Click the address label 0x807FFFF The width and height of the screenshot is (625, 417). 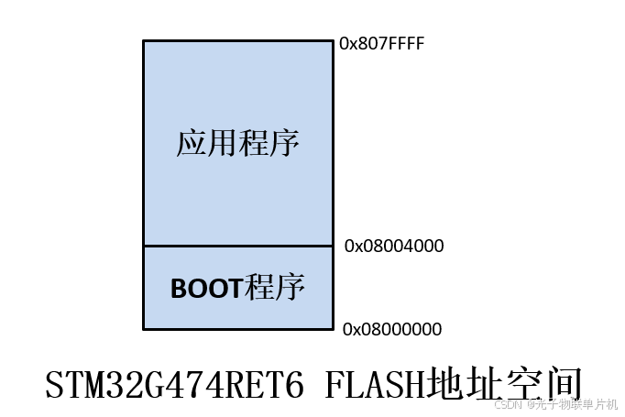click(x=382, y=43)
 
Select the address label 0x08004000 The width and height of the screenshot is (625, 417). click(x=394, y=246)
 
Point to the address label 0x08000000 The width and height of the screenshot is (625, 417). click(x=392, y=329)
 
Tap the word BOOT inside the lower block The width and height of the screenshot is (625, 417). click(x=206, y=289)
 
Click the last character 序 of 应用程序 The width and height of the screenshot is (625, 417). click(x=284, y=144)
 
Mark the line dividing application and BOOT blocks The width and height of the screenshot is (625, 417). click(x=238, y=246)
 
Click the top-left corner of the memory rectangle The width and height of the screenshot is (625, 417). click(x=144, y=41)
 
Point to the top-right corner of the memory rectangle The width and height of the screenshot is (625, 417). click(x=333, y=41)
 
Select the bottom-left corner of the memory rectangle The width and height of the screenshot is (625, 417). click(x=144, y=328)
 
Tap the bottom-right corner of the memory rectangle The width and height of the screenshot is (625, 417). click(x=333, y=328)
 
